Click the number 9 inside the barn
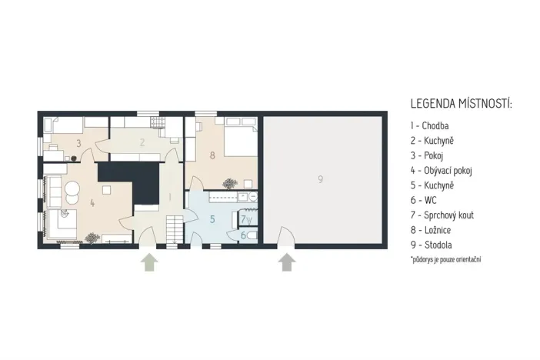[x=320, y=179]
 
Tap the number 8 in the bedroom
[x=212, y=155]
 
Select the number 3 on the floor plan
[x=78, y=143]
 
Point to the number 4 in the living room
[x=92, y=203]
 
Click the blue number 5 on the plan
[x=212, y=219]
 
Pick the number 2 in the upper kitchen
[x=142, y=142]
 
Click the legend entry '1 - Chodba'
[x=429, y=125]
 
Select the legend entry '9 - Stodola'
[x=432, y=245]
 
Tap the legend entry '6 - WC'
[x=423, y=200]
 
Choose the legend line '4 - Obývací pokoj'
[x=442, y=171]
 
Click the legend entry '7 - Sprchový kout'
[x=442, y=215]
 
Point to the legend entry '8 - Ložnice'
[x=431, y=230]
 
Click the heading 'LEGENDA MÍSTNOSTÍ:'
[x=461, y=103]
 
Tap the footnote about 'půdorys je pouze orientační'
[x=445, y=259]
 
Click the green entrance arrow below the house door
[x=149, y=262]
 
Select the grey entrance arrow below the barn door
[x=286, y=262]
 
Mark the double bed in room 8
[x=240, y=138]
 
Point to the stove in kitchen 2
[x=158, y=122]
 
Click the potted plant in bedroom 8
[x=229, y=184]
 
